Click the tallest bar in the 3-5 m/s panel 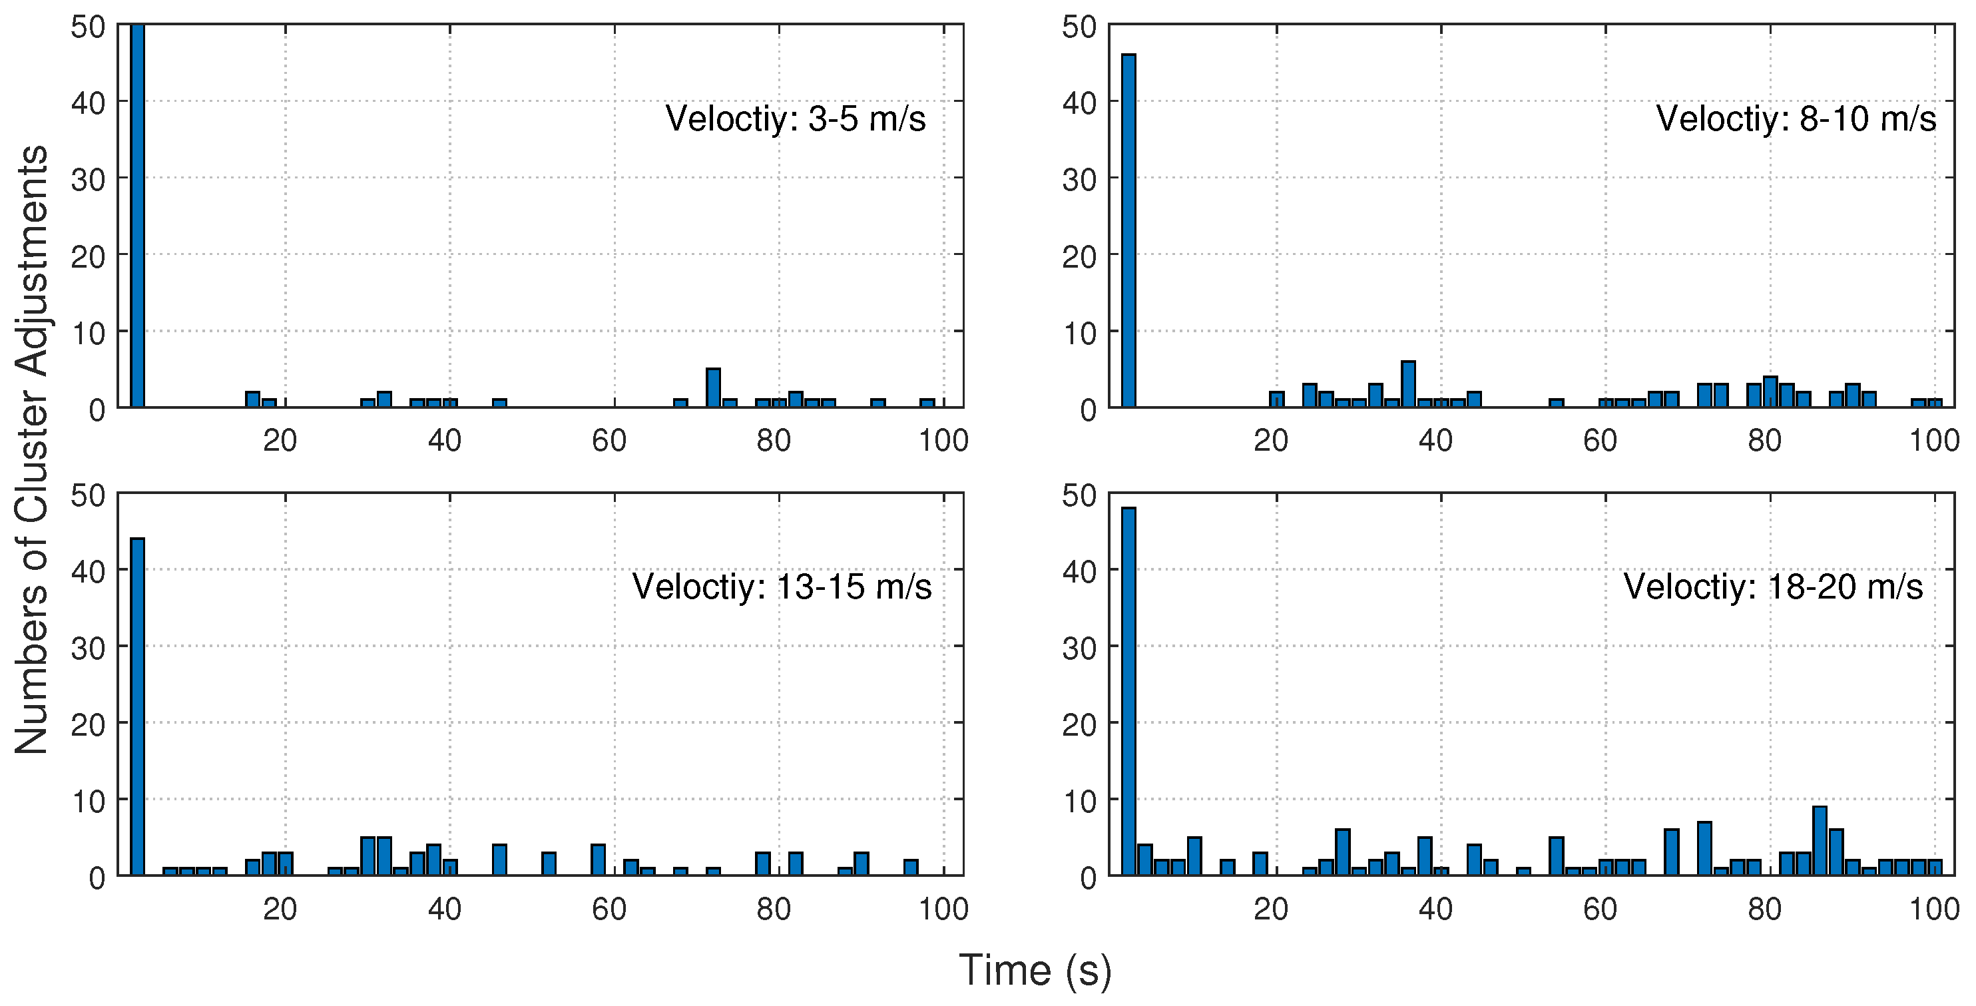tap(137, 215)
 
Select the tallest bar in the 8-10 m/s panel tap(1128, 230)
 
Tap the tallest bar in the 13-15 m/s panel tap(137, 706)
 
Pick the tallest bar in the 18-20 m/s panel tap(1128, 690)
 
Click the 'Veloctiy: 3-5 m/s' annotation tap(796, 119)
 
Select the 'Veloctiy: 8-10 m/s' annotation tap(1796, 119)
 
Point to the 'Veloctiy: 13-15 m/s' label tap(782, 587)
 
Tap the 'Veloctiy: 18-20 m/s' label tap(1773, 587)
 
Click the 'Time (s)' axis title tap(1034, 969)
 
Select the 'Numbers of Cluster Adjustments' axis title tap(32, 449)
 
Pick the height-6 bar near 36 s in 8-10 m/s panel tap(1408, 384)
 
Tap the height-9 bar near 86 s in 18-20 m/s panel tap(1820, 840)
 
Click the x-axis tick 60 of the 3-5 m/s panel tap(609, 441)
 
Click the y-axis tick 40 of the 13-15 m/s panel tap(87, 570)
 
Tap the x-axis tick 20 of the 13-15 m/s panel tap(280, 909)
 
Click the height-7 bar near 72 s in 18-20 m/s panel tap(1704, 848)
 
